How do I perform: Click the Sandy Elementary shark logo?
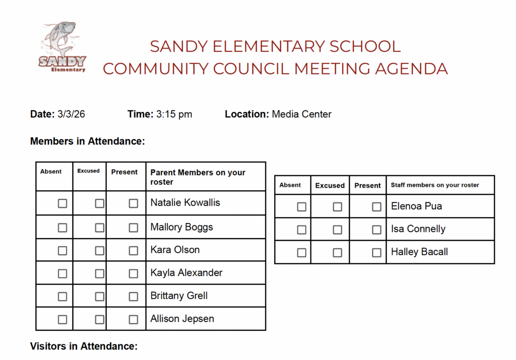[62, 47]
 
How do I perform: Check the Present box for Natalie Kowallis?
[133, 203]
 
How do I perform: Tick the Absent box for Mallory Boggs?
[62, 228]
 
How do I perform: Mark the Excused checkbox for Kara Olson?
[100, 250]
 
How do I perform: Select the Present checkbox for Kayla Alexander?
[133, 273]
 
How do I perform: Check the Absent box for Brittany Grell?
[62, 297]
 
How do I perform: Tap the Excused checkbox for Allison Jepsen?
[100, 319]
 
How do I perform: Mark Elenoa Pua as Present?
[376, 206]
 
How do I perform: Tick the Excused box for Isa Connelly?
[337, 230]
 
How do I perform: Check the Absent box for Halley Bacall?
[301, 252]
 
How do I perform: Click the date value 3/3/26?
[71, 114]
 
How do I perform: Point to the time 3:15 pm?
[174, 114]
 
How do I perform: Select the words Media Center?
[301, 114]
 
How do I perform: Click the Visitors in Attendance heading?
[84, 346]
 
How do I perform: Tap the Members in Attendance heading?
[88, 141]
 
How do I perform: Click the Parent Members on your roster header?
[198, 177]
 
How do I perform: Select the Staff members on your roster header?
[434, 185]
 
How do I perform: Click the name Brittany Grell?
[179, 296]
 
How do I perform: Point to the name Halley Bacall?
[419, 252]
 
